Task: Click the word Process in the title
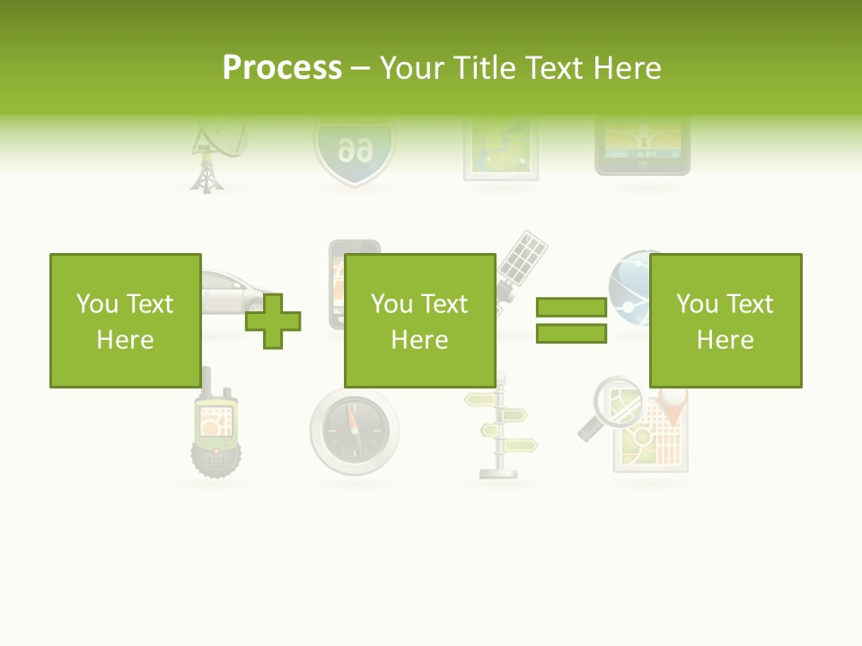pos(282,68)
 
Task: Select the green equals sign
pos(571,320)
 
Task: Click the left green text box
pos(125,320)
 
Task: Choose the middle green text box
pos(419,320)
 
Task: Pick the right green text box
pos(725,320)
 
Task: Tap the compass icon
pos(355,430)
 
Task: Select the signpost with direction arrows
pos(503,426)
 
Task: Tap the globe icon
pos(629,278)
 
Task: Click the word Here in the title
pos(626,68)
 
